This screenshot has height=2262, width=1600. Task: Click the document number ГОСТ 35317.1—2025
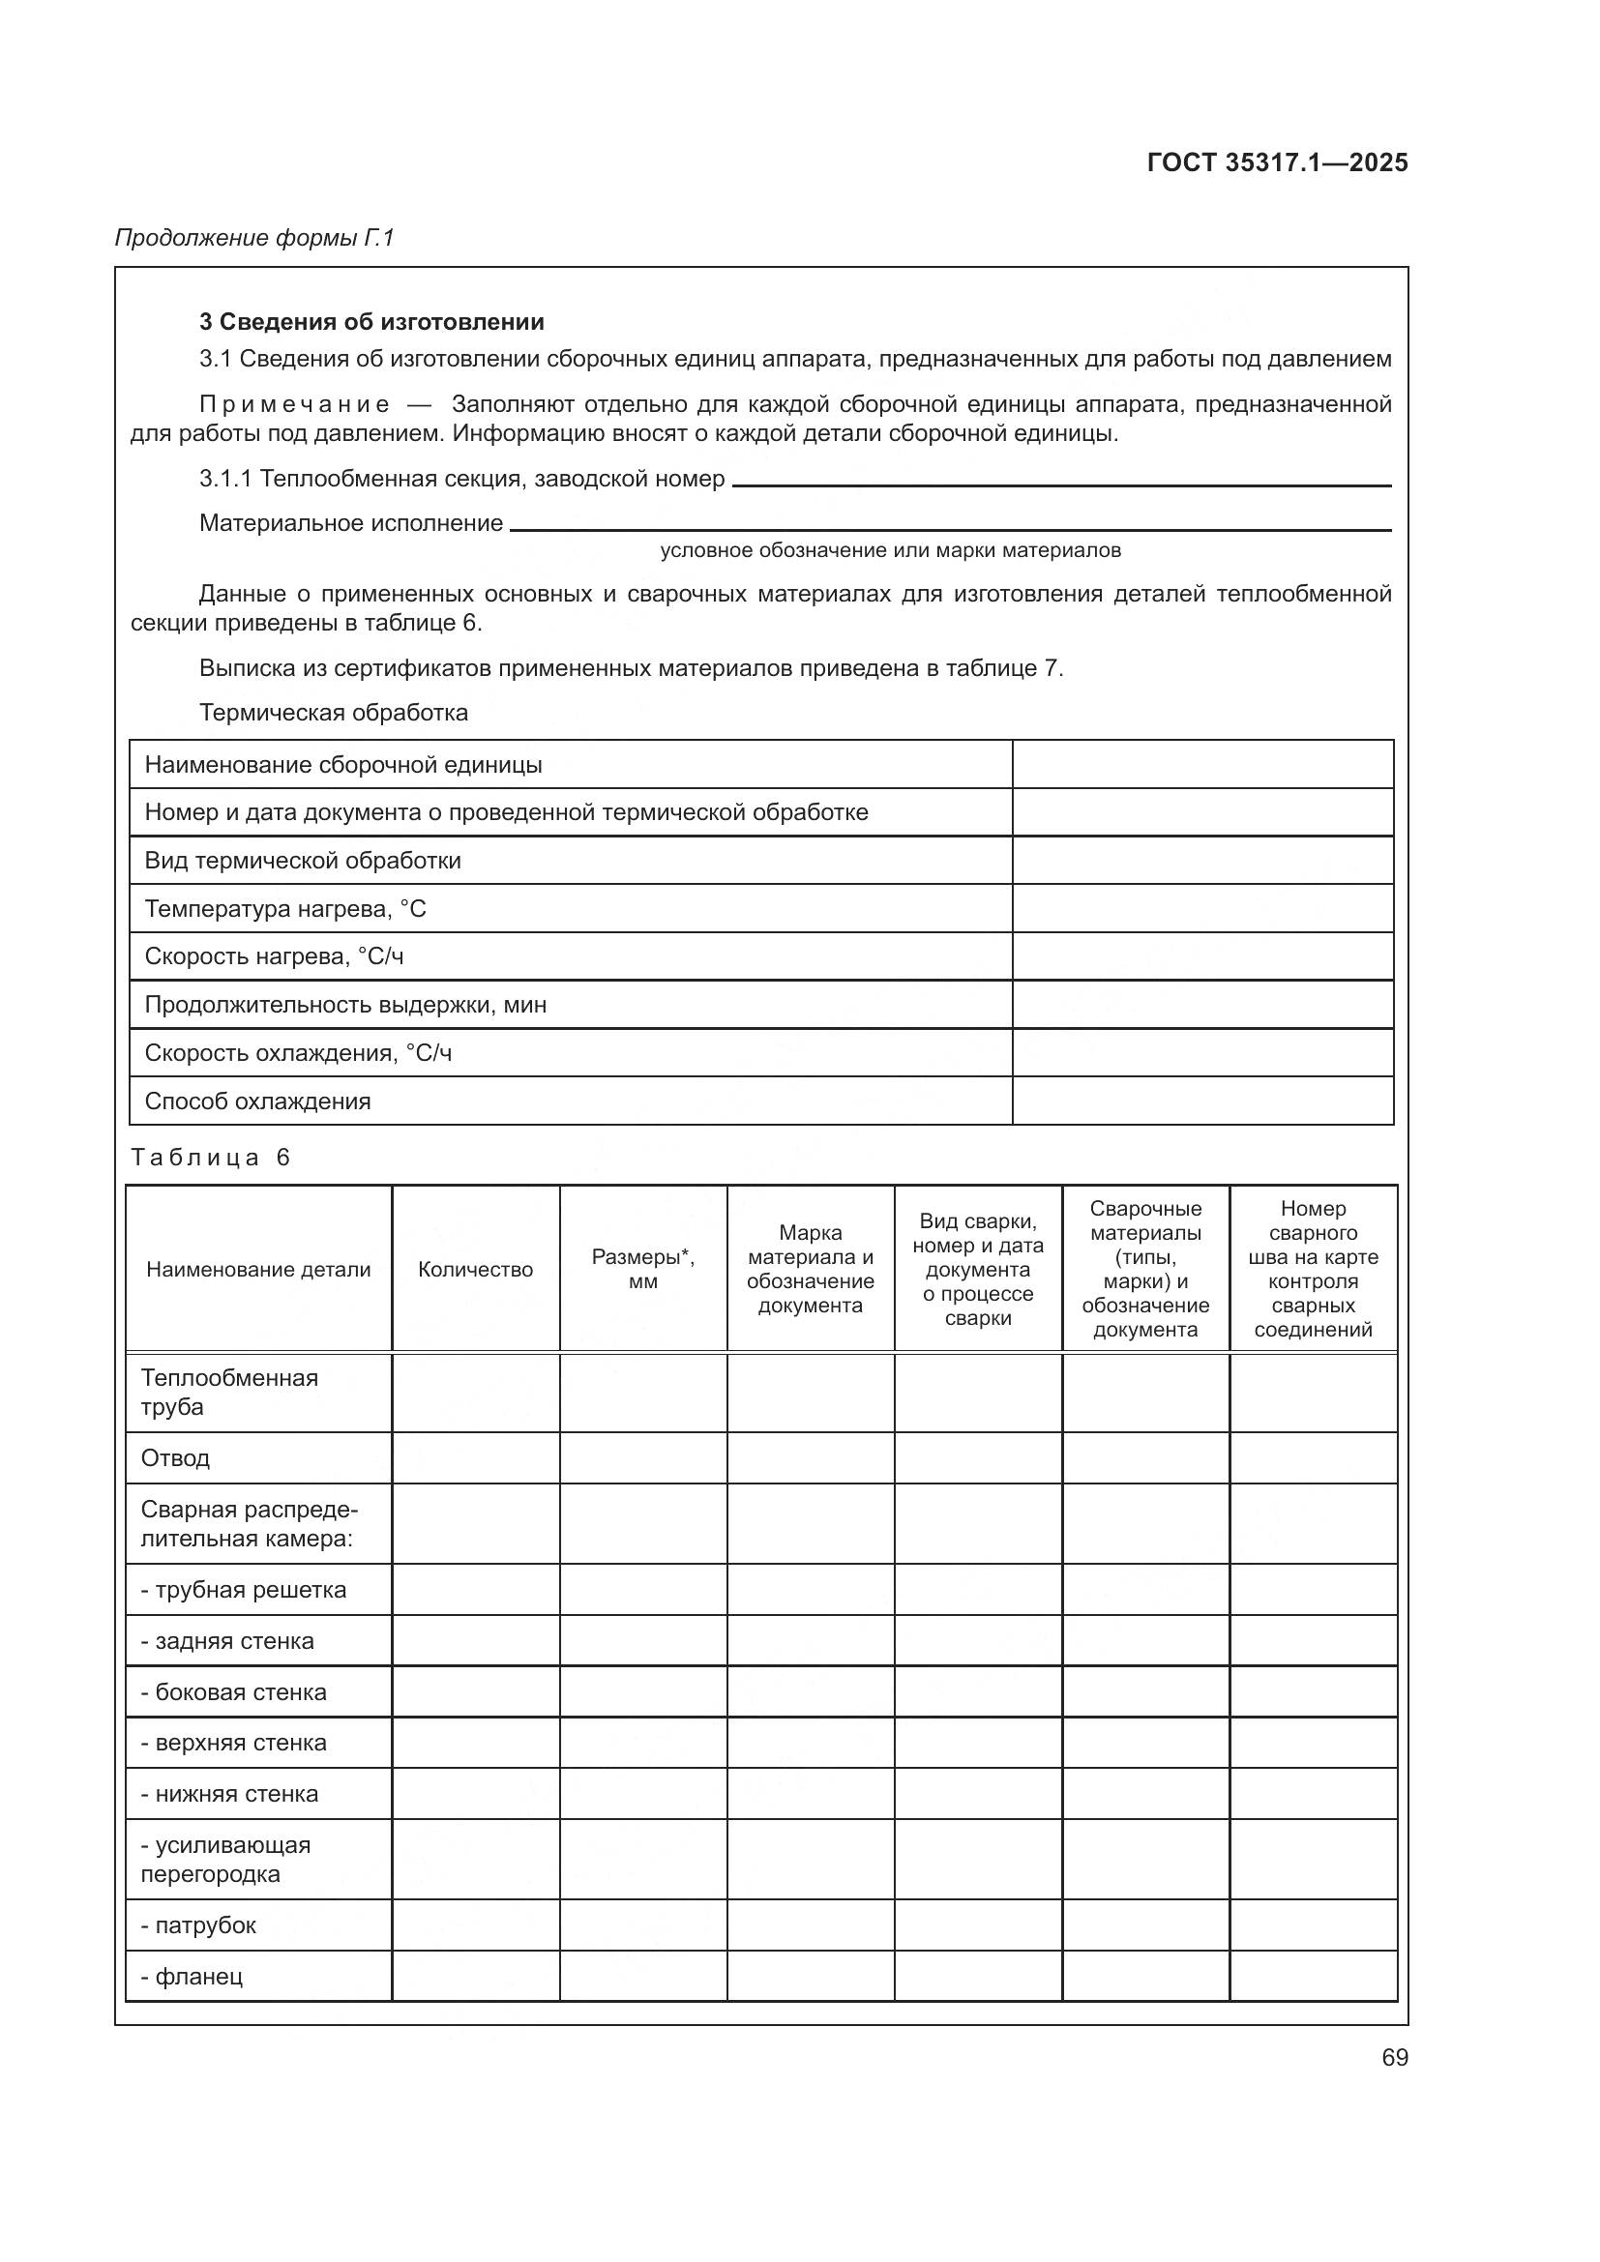pyautogui.click(x=1277, y=162)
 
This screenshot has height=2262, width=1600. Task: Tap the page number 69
pyautogui.click(x=1394, y=2057)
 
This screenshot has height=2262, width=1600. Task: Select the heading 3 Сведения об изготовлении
pyautogui.click(x=371, y=322)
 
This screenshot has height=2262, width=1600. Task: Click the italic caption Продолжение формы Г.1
pyautogui.click(x=254, y=238)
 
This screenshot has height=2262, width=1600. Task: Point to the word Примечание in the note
pyautogui.click(x=294, y=405)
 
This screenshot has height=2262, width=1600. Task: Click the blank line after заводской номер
pyautogui.click(x=1061, y=480)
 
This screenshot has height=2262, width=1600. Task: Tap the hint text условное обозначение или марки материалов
pyautogui.click(x=890, y=550)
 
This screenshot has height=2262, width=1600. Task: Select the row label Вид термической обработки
pyautogui.click(x=303, y=861)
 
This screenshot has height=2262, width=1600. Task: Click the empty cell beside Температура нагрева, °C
pyautogui.click(x=1202, y=908)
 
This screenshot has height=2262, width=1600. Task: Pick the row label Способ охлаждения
pyautogui.click(x=257, y=1102)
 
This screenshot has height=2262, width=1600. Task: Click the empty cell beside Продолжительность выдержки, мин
pyautogui.click(x=1202, y=1005)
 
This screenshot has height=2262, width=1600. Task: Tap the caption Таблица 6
pyautogui.click(x=211, y=1158)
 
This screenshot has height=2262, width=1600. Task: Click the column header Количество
pyautogui.click(x=475, y=1269)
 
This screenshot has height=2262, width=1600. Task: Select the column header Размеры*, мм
pyautogui.click(x=642, y=1269)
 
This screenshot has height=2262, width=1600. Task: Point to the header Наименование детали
pyautogui.click(x=258, y=1269)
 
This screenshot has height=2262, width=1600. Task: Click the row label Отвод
pyautogui.click(x=175, y=1458)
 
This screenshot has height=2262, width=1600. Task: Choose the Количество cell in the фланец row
pyautogui.click(x=475, y=1977)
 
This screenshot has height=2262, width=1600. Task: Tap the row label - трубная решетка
pyautogui.click(x=243, y=1590)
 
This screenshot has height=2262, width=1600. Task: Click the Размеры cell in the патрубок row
pyautogui.click(x=642, y=1925)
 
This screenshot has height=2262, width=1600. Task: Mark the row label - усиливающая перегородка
pyautogui.click(x=224, y=1860)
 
